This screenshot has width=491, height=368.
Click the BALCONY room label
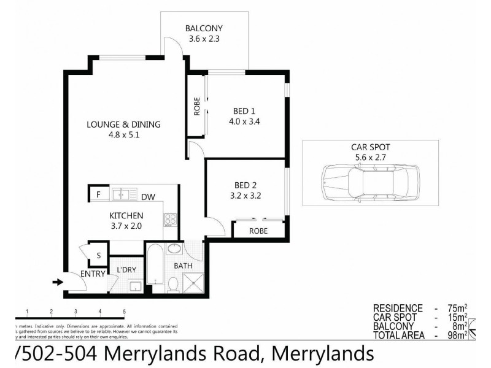point(204,28)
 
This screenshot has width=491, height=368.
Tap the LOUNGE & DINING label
point(123,125)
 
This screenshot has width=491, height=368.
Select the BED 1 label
point(244,111)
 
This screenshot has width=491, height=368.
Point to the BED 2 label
point(245,185)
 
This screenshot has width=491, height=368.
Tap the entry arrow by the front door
point(58,282)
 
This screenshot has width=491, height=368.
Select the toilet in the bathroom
point(173,283)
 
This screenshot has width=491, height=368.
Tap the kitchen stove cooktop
point(170,219)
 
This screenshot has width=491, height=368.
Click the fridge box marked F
point(98,194)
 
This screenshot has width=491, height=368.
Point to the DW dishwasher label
point(148,197)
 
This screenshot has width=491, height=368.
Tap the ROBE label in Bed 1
point(197,107)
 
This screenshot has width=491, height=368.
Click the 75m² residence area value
point(455,309)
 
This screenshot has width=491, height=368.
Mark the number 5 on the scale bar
point(125,312)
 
